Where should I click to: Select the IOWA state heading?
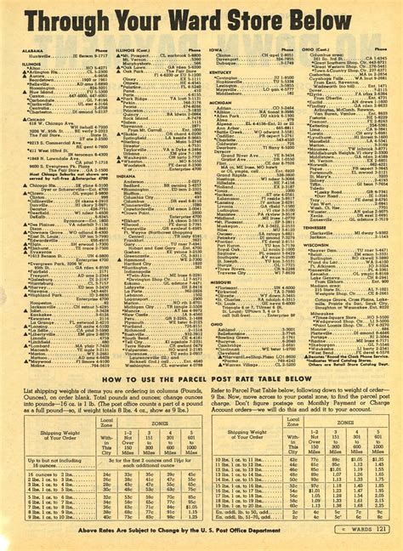click(215, 50)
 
